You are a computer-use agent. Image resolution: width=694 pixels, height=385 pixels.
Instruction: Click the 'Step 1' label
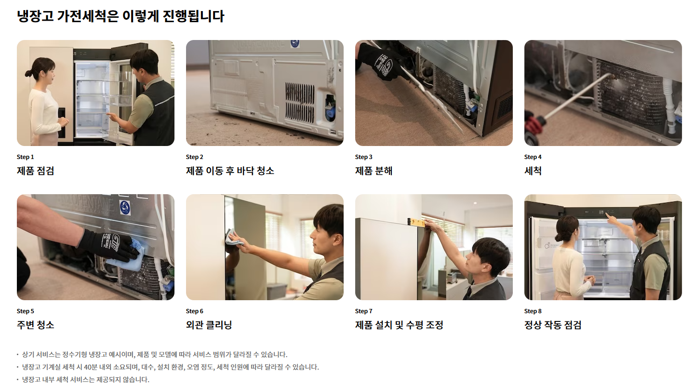[25, 157]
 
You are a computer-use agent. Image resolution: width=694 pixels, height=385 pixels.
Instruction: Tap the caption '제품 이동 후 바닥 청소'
[230, 171]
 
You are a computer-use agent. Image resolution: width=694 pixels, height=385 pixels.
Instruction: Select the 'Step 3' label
[364, 157]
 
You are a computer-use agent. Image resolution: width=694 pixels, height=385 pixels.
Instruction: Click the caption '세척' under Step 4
[533, 171]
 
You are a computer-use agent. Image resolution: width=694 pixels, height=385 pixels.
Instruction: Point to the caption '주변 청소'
[35, 325]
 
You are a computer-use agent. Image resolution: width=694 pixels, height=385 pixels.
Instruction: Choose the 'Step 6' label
[195, 311]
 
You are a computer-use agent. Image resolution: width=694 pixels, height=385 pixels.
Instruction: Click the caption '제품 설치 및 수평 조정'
[399, 325]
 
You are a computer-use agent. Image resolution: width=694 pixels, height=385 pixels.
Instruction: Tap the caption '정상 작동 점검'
[553, 325]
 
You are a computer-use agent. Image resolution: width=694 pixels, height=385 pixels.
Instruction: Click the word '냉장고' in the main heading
[35, 16]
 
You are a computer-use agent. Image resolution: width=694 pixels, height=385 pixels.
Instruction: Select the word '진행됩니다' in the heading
[193, 16]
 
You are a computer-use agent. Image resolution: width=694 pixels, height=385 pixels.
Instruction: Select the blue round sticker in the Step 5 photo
[125, 208]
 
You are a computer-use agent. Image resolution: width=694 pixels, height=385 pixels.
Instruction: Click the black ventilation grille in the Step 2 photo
[300, 102]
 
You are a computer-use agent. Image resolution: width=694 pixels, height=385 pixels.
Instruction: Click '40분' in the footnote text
[91, 367]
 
